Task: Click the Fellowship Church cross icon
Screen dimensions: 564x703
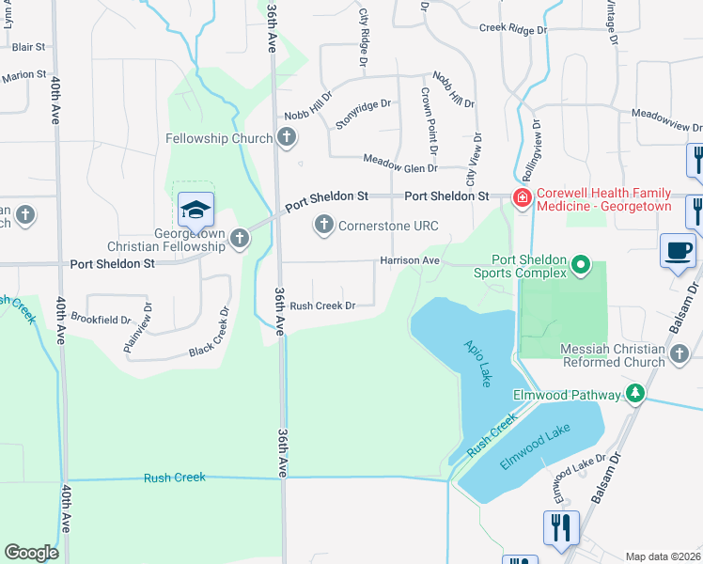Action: (288, 139)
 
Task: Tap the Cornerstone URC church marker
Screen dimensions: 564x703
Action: (324, 225)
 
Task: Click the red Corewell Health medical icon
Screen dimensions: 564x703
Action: (520, 196)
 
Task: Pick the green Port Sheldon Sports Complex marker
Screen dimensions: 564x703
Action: (581, 266)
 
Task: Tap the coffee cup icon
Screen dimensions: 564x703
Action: (678, 250)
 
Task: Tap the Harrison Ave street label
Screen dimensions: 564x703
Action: (410, 259)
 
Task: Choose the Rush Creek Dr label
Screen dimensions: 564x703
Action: (321, 305)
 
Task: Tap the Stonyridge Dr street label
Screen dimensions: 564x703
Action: (363, 112)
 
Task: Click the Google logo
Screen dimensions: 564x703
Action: (31, 552)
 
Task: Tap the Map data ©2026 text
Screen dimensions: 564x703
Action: (663, 556)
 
